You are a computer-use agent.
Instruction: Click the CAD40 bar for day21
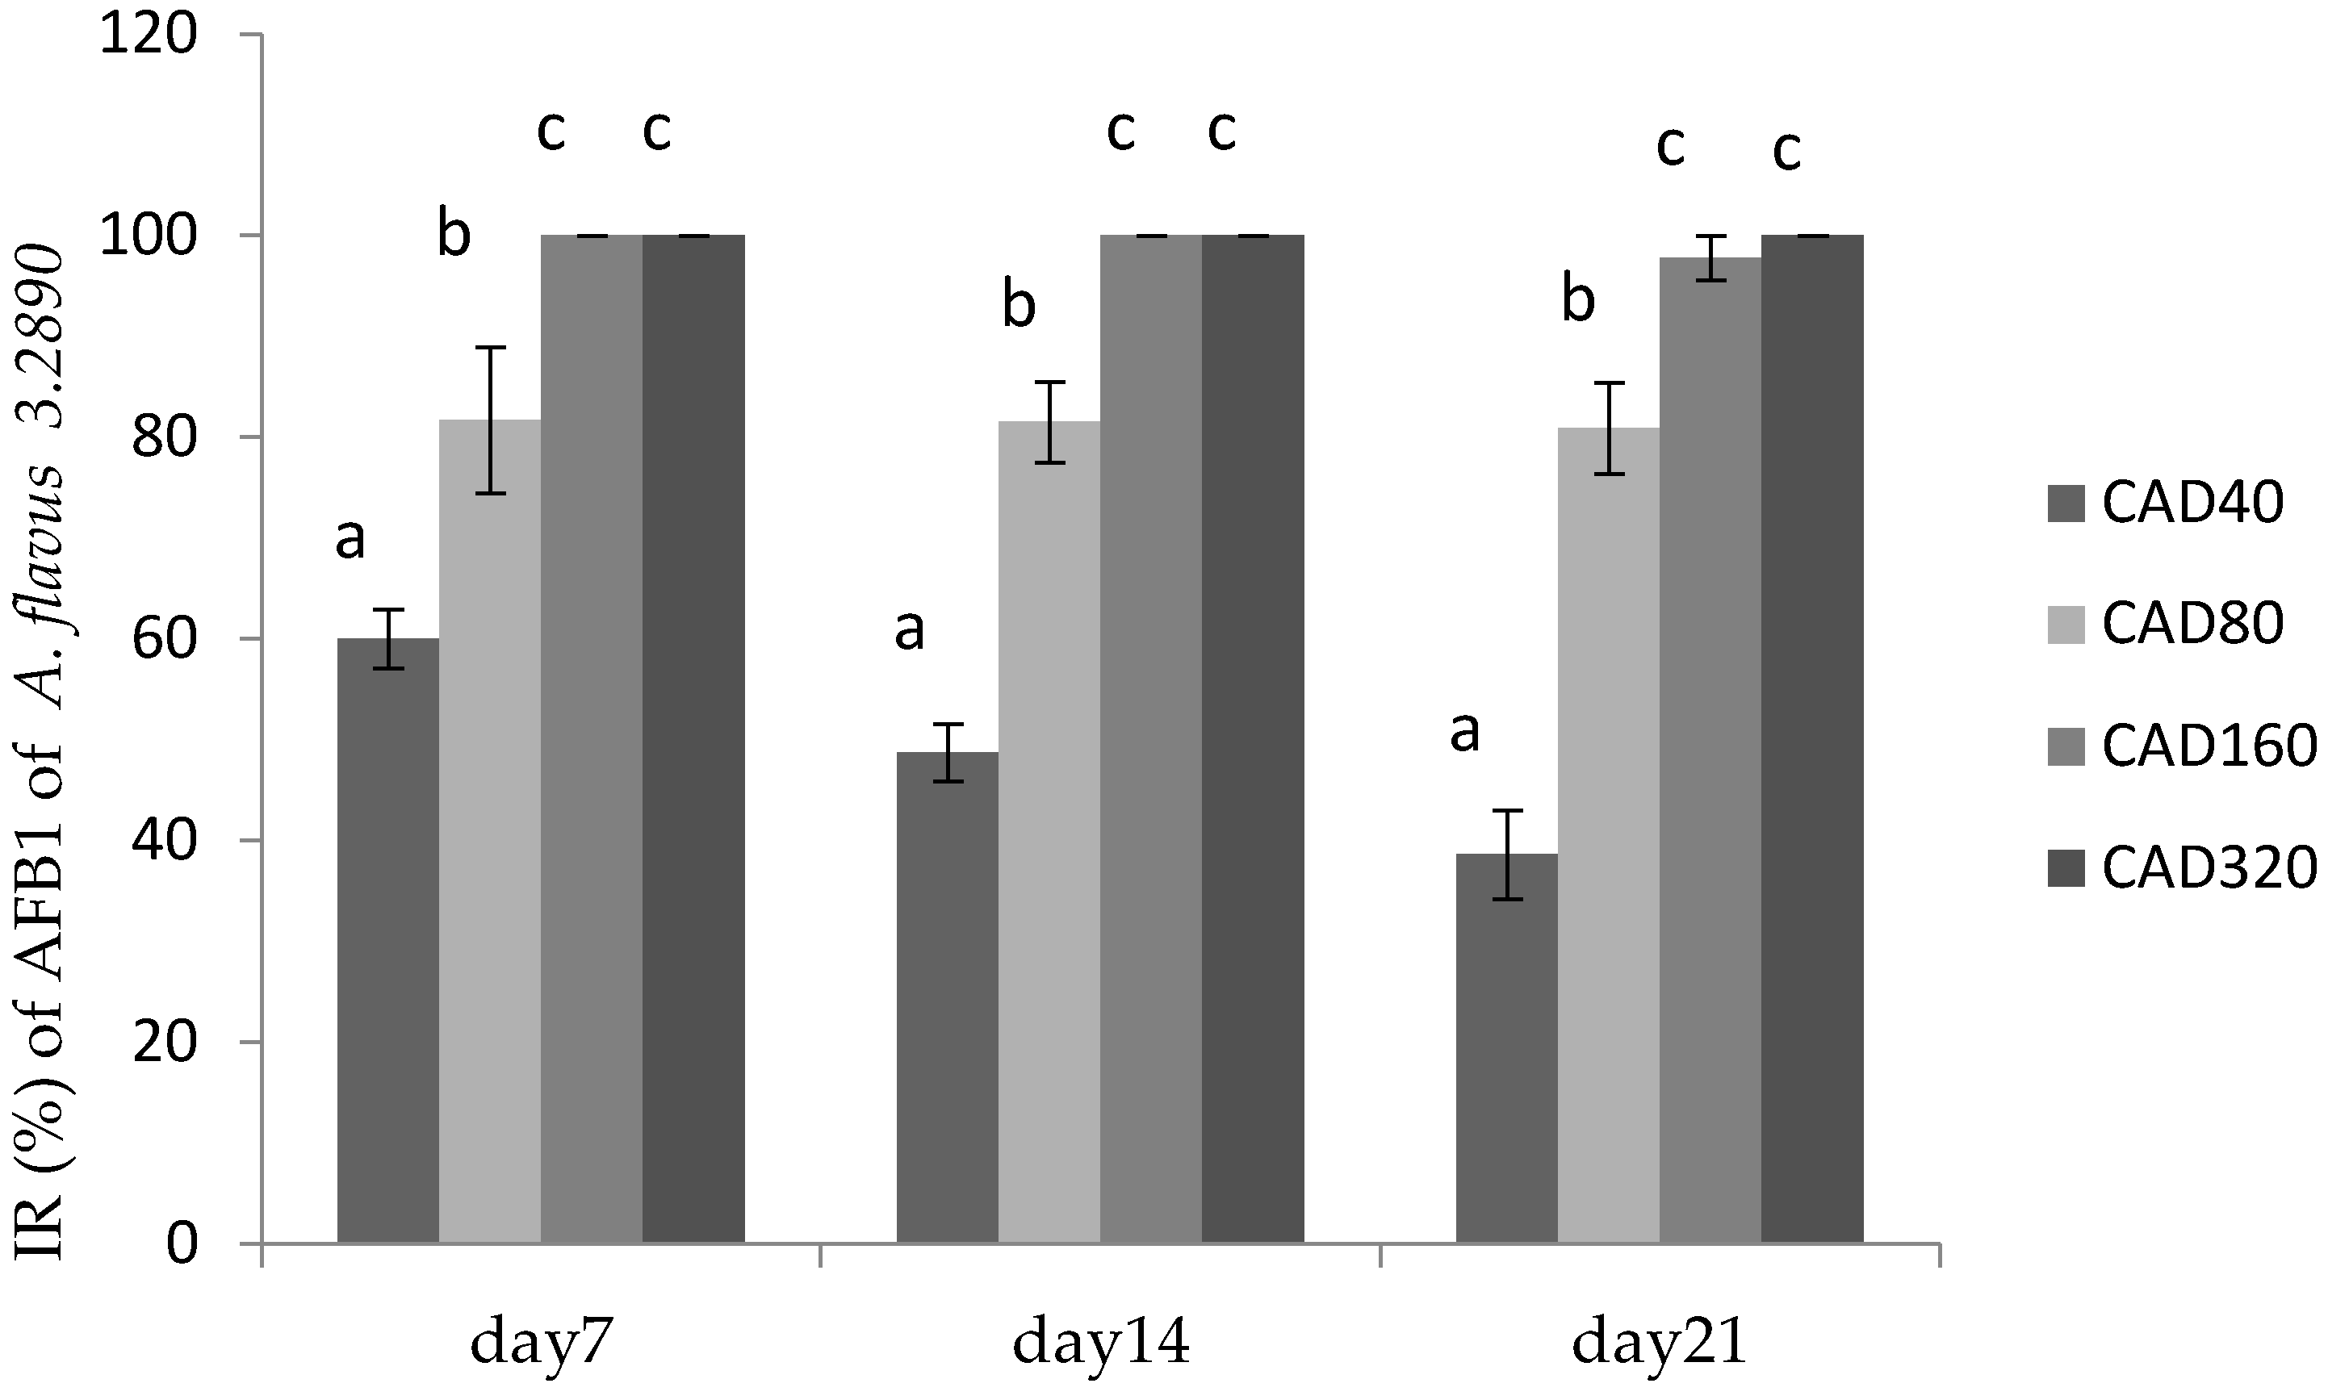point(1506,1047)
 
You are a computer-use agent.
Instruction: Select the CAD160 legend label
point(2209,746)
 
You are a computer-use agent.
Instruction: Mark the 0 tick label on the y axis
point(182,1244)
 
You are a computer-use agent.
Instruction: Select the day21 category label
point(1660,1344)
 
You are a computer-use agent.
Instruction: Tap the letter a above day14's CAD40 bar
point(909,630)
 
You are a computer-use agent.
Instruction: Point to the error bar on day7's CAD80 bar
point(490,420)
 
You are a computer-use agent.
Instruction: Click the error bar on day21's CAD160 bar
point(1710,257)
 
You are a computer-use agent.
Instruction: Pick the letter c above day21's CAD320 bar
point(1786,151)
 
